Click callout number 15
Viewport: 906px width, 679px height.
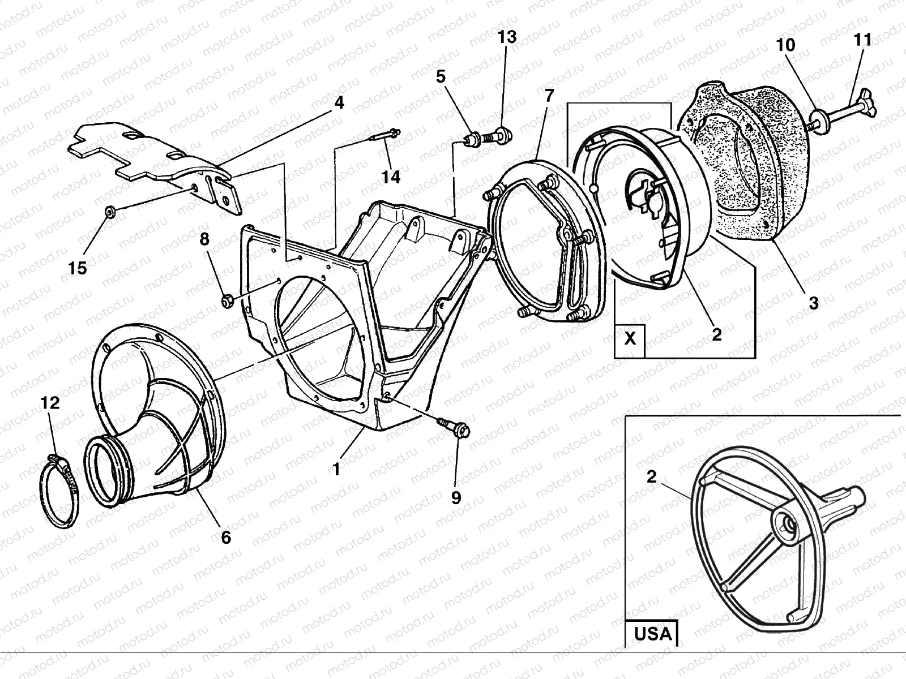(x=78, y=268)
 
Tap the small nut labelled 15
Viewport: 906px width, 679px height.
(x=111, y=213)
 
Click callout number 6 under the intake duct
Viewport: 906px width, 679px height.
(x=226, y=536)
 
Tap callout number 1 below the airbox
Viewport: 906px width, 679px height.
(x=336, y=469)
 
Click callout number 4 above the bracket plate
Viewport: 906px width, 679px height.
(x=339, y=103)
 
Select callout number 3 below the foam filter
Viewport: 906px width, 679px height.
(x=813, y=303)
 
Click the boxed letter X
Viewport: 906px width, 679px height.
(x=630, y=338)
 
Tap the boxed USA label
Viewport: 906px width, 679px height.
(x=652, y=633)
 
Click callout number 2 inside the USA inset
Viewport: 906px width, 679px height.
(x=651, y=476)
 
